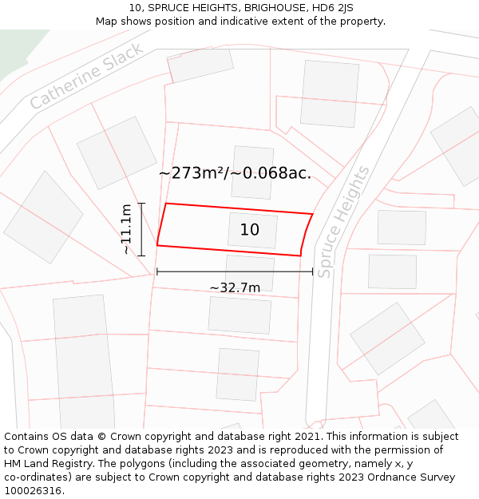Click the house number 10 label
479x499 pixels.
click(x=249, y=230)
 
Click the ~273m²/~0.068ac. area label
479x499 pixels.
click(x=235, y=173)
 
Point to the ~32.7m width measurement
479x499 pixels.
click(x=235, y=287)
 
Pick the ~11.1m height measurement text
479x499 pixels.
click(x=126, y=229)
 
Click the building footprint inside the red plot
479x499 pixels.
click(x=252, y=231)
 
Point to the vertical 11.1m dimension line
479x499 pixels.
click(x=141, y=229)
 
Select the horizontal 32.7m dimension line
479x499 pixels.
click(x=235, y=271)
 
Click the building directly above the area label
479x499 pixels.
click(x=252, y=160)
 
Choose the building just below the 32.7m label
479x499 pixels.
click(x=239, y=315)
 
